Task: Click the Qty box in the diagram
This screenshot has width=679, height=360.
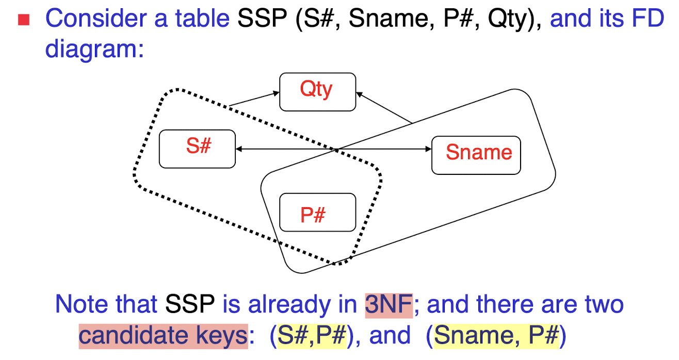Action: (x=317, y=92)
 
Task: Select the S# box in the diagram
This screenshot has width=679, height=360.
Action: (x=197, y=149)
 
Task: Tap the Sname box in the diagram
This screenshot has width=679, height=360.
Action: (x=476, y=154)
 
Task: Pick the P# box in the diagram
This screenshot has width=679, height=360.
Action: (x=317, y=212)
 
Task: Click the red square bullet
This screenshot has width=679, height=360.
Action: (x=23, y=20)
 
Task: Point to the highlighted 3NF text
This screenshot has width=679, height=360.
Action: (x=388, y=304)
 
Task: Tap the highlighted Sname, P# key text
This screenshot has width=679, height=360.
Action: (x=496, y=336)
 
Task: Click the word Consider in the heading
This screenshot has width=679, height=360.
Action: (x=89, y=19)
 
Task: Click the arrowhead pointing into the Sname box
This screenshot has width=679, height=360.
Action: (x=428, y=149)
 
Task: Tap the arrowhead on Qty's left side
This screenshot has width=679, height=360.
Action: (x=276, y=93)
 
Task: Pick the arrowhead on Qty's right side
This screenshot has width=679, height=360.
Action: (x=359, y=94)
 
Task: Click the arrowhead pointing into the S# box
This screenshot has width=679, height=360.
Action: (x=239, y=149)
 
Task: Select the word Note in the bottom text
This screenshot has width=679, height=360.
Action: (x=80, y=304)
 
